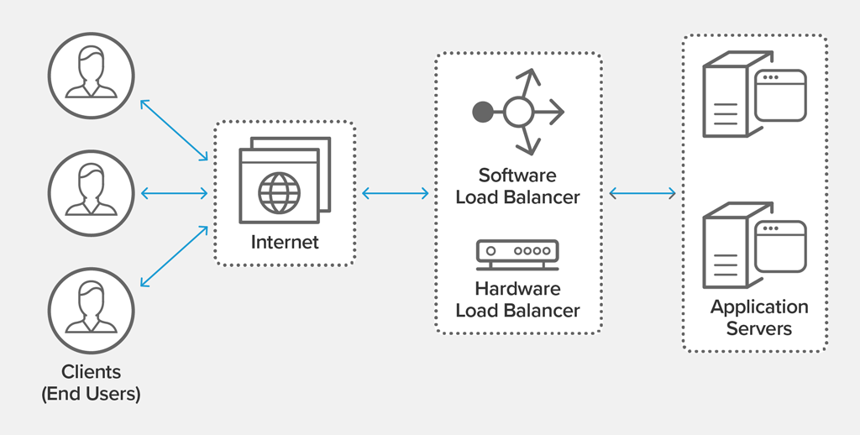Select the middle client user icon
pos(91,192)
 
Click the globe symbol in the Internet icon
pos(278,193)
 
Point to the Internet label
pos(285,243)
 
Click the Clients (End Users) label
pos(91,382)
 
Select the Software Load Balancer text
pos(517,186)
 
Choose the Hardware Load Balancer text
pos(517,300)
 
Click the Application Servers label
pos(759,317)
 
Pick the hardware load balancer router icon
pos(517,254)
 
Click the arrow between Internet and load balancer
pos(396,193)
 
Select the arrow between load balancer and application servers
pos(642,193)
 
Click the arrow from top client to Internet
pos(174,130)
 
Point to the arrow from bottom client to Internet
pos(174,255)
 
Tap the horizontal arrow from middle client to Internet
pos(174,193)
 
